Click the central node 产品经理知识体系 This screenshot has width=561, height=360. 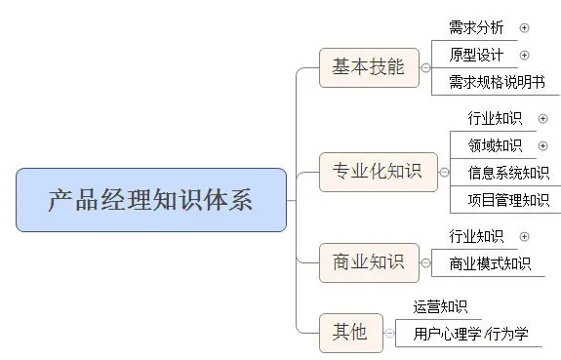tap(151, 200)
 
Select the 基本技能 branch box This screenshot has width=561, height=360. tap(368, 67)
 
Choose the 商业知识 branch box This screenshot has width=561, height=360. tap(368, 261)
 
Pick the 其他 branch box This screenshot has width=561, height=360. tap(349, 332)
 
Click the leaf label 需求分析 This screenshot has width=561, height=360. tap(477, 28)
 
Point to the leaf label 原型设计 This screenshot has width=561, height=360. tap(477, 55)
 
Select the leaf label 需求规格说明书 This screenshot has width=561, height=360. tap(496, 82)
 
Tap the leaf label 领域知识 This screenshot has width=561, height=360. tap(495, 146)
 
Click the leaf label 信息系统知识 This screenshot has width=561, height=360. tap(508, 174)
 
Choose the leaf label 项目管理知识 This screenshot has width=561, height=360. tap(508, 201)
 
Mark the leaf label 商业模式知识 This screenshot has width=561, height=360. tap(490, 262)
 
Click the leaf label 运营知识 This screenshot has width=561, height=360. tap(440, 306)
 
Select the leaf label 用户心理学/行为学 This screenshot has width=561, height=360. tap(470, 334)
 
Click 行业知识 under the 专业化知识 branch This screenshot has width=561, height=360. tap(495, 119)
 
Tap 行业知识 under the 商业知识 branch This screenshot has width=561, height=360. tap(476, 235)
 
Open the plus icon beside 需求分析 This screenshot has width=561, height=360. tap(525, 28)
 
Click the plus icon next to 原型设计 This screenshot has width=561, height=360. tap(525, 55)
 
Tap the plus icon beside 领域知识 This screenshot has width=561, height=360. tap(543, 146)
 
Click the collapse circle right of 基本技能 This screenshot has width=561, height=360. tap(424, 67)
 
